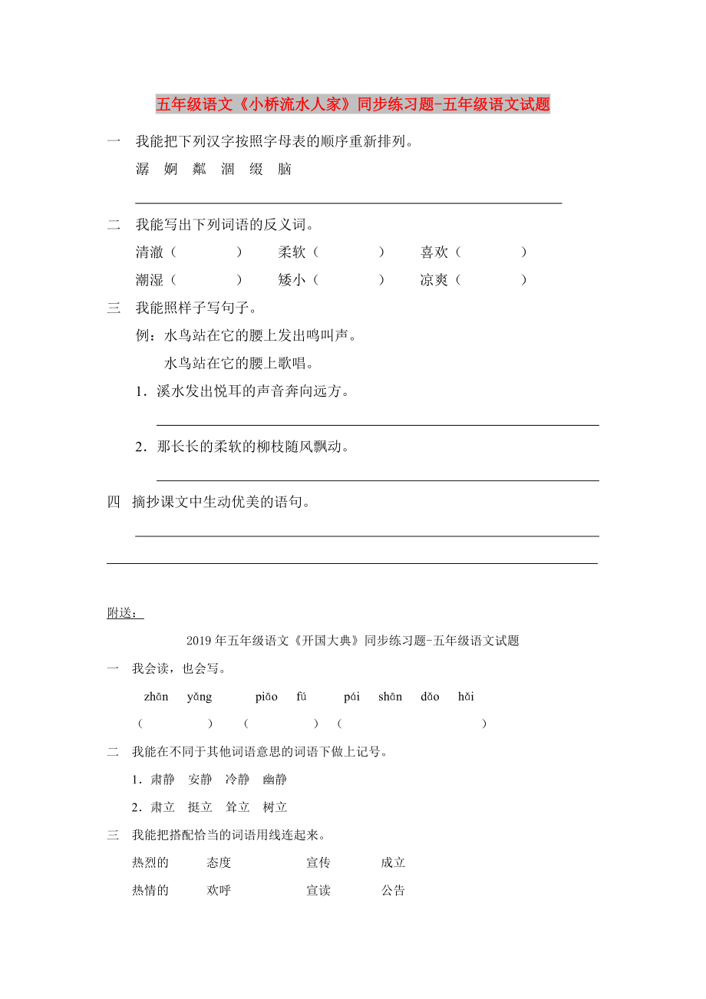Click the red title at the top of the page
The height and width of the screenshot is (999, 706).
tap(353, 104)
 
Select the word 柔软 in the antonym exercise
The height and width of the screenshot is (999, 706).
tap(292, 252)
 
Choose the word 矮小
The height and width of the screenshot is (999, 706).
tap(292, 280)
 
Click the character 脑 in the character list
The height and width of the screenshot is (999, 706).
tap(285, 170)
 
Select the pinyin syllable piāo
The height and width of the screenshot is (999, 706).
tap(266, 697)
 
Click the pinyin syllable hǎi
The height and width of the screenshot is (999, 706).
tap(466, 697)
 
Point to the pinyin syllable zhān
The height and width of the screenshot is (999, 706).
tap(156, 697)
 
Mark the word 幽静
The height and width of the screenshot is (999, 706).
tap(275, 780)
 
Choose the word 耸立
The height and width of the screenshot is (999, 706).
tap(237, 807)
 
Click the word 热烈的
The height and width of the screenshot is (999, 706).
tap(150, 862)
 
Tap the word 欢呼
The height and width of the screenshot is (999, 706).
tap(219, 891)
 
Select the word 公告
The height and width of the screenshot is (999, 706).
tap(393, 891)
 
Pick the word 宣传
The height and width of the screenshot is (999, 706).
tap(318, 862)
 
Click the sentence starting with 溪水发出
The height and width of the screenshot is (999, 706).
tap(253, 391)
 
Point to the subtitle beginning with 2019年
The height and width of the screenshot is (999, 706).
tap(353, 641)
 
